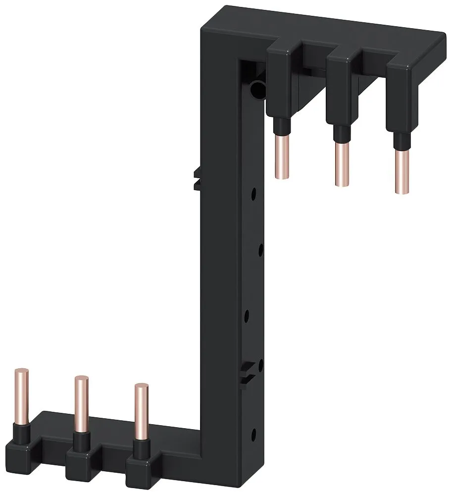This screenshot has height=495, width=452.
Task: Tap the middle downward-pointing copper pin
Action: (x=340, y=164)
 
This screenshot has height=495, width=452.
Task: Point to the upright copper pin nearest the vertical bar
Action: (x=141, y=411)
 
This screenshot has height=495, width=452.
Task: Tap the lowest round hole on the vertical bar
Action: (x=254, y=434)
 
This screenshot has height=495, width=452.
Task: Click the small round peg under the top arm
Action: (x=256, y=90)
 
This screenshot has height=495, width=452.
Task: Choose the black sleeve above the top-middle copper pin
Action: (x=339, y=133)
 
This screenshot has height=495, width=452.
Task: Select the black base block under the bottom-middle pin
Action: (x=82, y=457)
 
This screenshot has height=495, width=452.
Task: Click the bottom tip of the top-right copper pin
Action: (x=402, y=191)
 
